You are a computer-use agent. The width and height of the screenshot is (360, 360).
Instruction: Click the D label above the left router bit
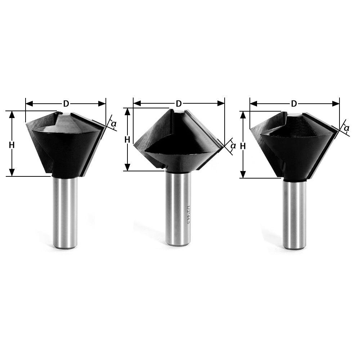pos(66,104)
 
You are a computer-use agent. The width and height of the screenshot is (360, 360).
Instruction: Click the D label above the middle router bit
pos(179,104)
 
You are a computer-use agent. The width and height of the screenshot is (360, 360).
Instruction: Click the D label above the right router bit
pos(294,104)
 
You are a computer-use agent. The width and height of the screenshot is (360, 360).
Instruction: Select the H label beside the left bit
pos(12,145)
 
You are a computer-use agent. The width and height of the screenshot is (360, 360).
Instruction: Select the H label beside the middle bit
pos(127,140)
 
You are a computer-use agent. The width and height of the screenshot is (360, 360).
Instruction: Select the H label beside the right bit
pos(243,146)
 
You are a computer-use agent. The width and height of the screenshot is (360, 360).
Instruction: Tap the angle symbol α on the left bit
pos(113,124)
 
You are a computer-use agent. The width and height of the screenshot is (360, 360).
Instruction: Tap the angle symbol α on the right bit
pos(346,128)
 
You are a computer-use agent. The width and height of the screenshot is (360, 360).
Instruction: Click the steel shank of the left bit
pos(65,212)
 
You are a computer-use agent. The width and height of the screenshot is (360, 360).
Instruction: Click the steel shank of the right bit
pos(294,214)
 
